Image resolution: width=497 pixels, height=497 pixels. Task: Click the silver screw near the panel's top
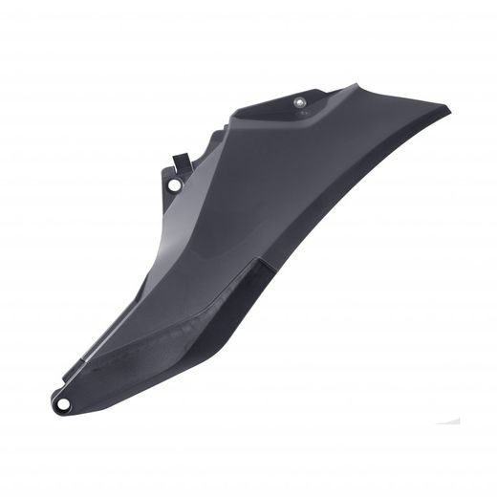299,99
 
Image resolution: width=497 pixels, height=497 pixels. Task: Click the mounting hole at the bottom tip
65,405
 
